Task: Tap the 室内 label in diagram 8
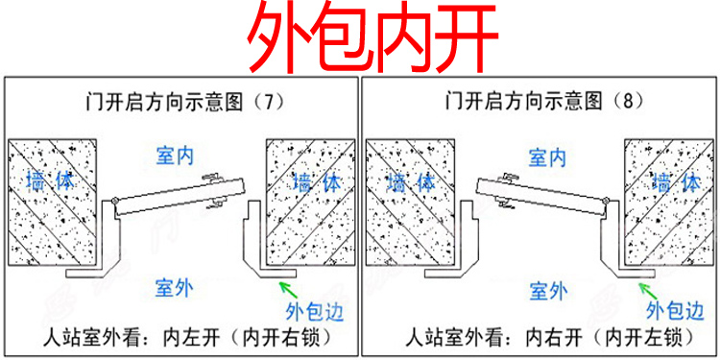coord(546,156)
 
